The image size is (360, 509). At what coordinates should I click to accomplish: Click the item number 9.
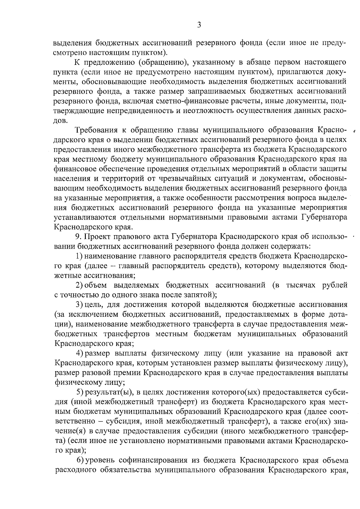(78, 237)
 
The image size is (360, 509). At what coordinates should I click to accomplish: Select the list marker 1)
(79, 256)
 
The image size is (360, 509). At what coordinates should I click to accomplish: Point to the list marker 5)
(80, 392)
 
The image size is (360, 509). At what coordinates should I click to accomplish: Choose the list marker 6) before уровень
(80, 460)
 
